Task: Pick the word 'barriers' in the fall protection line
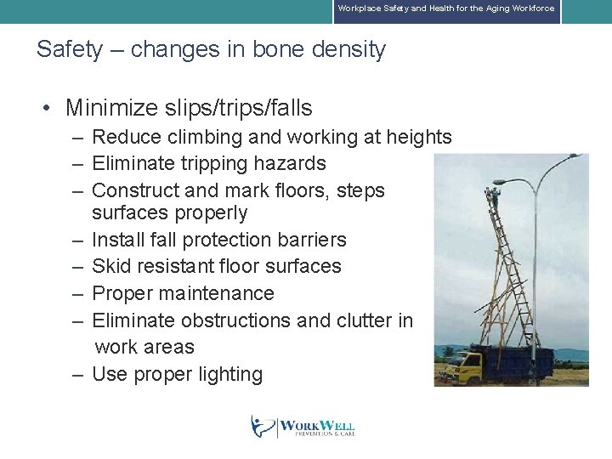[307, 240]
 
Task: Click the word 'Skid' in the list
[111, 266]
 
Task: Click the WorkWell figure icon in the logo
[262, 426]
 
